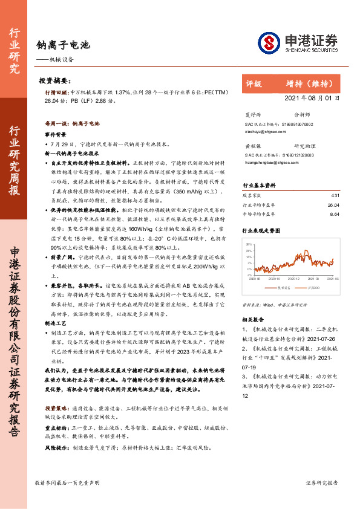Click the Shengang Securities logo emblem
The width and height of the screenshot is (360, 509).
[x=270, y=43]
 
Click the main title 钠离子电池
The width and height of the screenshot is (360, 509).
[x=64, y=44]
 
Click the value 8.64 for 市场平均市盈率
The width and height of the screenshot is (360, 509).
[x=335, y=213]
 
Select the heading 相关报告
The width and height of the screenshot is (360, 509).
[x=253, y=319]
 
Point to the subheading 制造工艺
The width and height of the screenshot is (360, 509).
[x=55, y=324]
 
